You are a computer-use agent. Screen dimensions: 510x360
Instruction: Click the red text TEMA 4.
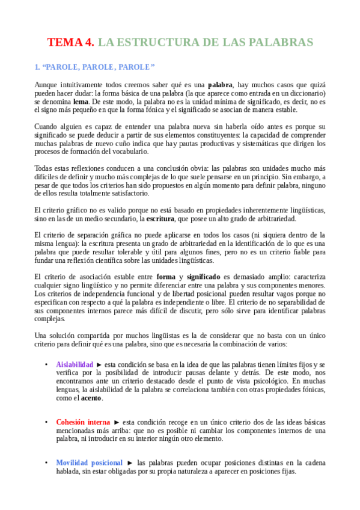pyautogui.click(x=71, y=42)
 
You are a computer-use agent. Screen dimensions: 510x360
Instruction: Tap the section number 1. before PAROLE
pyautogui.click(x=37, y=66)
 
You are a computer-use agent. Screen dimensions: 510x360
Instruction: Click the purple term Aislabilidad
pyautogui.click(x=75, y=364)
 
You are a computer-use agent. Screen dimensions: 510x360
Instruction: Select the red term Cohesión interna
pyautogui.click(x=83, y=422)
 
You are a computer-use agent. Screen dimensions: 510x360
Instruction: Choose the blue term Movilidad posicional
pyautogui.click(x=89, y=462)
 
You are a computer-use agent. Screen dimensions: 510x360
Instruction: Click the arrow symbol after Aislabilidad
pyautogui.click(x=99, y=364)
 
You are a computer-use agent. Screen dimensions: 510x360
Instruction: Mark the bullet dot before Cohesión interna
pyautogui.click(x=46, y=422)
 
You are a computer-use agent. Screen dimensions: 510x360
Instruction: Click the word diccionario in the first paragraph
pyautogui.click(x=307, y=93)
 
